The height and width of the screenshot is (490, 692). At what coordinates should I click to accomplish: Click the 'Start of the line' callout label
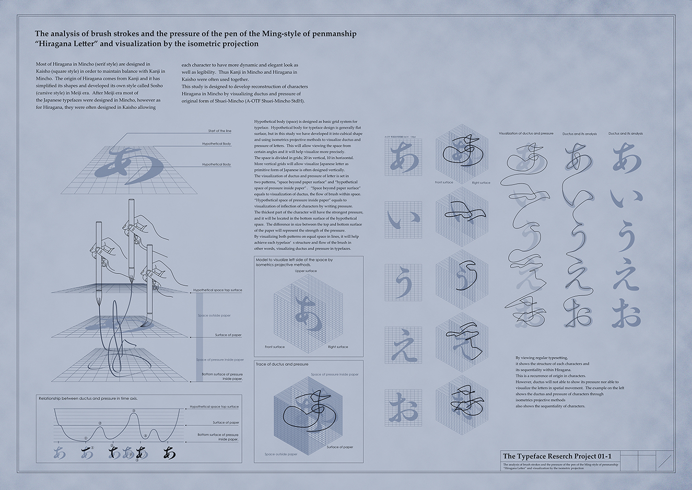219,131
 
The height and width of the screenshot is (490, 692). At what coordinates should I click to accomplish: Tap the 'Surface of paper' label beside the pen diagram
228,335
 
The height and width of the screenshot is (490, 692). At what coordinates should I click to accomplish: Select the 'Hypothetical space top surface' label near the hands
217,290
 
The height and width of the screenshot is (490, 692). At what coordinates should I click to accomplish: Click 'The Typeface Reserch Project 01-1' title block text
557,456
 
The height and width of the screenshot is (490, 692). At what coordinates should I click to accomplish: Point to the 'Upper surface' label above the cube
306,271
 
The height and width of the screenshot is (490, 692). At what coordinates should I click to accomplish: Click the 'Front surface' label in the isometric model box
274,347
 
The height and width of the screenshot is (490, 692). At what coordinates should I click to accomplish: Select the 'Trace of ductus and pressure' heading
282,364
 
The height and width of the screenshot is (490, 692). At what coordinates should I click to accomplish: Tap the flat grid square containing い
403,220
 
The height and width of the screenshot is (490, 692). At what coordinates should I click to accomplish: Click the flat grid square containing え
403,345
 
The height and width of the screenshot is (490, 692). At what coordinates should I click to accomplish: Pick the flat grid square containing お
403,408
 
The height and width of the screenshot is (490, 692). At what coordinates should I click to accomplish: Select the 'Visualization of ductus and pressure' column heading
526,133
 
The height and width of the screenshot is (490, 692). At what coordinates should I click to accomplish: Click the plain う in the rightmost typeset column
626,238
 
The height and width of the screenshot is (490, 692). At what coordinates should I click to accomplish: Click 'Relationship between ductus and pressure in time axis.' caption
88,399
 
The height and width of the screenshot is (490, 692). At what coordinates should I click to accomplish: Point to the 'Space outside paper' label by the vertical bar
214,315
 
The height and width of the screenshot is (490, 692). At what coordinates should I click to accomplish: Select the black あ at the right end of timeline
169,453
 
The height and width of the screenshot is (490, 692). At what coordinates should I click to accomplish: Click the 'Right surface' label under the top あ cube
481,183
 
